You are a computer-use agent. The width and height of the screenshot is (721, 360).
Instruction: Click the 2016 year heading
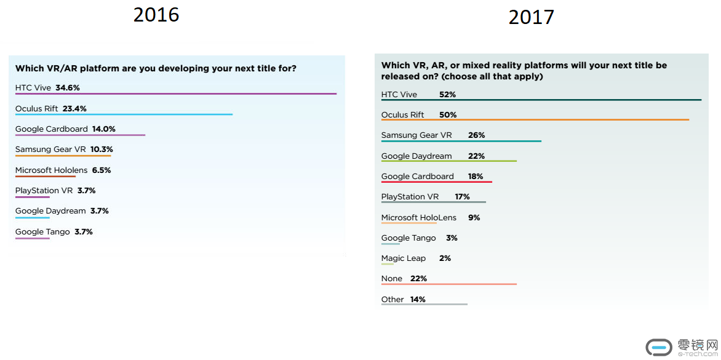(x=156, y=14)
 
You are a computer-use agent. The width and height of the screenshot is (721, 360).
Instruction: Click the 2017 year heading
(x=531, y=17)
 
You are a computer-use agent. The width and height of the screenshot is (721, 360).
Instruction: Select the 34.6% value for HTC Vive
(x=68, y=88)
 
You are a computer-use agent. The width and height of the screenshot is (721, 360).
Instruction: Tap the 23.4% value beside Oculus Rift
(x=74, y=108)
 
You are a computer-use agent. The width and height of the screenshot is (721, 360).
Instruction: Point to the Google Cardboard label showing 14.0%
(x=51, y=129)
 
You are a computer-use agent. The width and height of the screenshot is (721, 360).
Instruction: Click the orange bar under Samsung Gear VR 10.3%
(x=63, y=156)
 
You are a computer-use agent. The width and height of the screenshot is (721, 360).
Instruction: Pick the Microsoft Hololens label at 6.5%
(x=51, y=170)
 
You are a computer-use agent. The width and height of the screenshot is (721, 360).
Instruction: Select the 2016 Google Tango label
(x=42, y=232)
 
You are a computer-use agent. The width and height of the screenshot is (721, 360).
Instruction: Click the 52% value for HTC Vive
(x=447, y=95)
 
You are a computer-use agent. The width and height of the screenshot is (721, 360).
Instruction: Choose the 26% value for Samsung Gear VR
(x=476, y=135)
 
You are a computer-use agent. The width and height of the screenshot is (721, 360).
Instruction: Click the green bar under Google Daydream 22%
(x=448, y=161)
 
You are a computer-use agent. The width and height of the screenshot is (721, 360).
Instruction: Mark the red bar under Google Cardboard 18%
(x=436, y=182)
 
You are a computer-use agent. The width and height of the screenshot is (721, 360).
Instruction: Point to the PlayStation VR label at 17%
(x=410, y=197)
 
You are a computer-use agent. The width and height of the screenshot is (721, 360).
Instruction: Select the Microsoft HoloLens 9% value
(x=473, y=218)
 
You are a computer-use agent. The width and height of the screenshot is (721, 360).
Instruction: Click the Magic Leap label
(x=403, y=258)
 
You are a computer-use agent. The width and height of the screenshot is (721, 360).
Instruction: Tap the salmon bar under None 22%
(x=448, y=284)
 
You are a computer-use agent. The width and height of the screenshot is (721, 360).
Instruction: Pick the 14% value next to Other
(x=417, y=300)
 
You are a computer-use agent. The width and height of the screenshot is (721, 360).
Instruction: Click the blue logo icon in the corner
(x=659, y=346)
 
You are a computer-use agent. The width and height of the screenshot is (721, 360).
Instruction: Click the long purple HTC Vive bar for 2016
(x=175, y=94)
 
